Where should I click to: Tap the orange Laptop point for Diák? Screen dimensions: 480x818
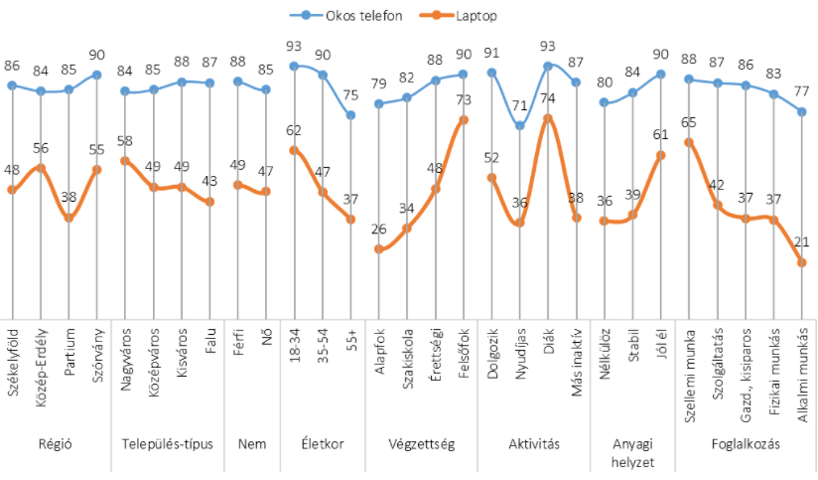[548, 117]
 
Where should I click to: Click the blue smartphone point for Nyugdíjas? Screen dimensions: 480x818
[520, 125]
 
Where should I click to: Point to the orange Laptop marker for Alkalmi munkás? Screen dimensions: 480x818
[803, 262]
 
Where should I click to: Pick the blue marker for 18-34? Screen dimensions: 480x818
[294, 66]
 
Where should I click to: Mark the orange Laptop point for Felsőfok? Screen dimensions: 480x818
[464, 119]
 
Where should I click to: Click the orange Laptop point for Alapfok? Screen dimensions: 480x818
[378, 248]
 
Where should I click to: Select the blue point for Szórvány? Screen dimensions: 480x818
[97, 75]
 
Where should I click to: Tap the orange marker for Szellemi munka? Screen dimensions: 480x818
[689, 141]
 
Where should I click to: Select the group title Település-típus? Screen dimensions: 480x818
[167, 444]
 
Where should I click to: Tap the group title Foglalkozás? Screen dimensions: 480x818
[747, 444]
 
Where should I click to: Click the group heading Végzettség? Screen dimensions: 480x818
[421, 444]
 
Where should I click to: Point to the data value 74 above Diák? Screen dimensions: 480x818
[548, 101]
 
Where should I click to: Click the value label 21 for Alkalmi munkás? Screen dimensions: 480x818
[803, 241]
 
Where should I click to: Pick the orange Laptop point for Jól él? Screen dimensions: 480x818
[661, 155]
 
